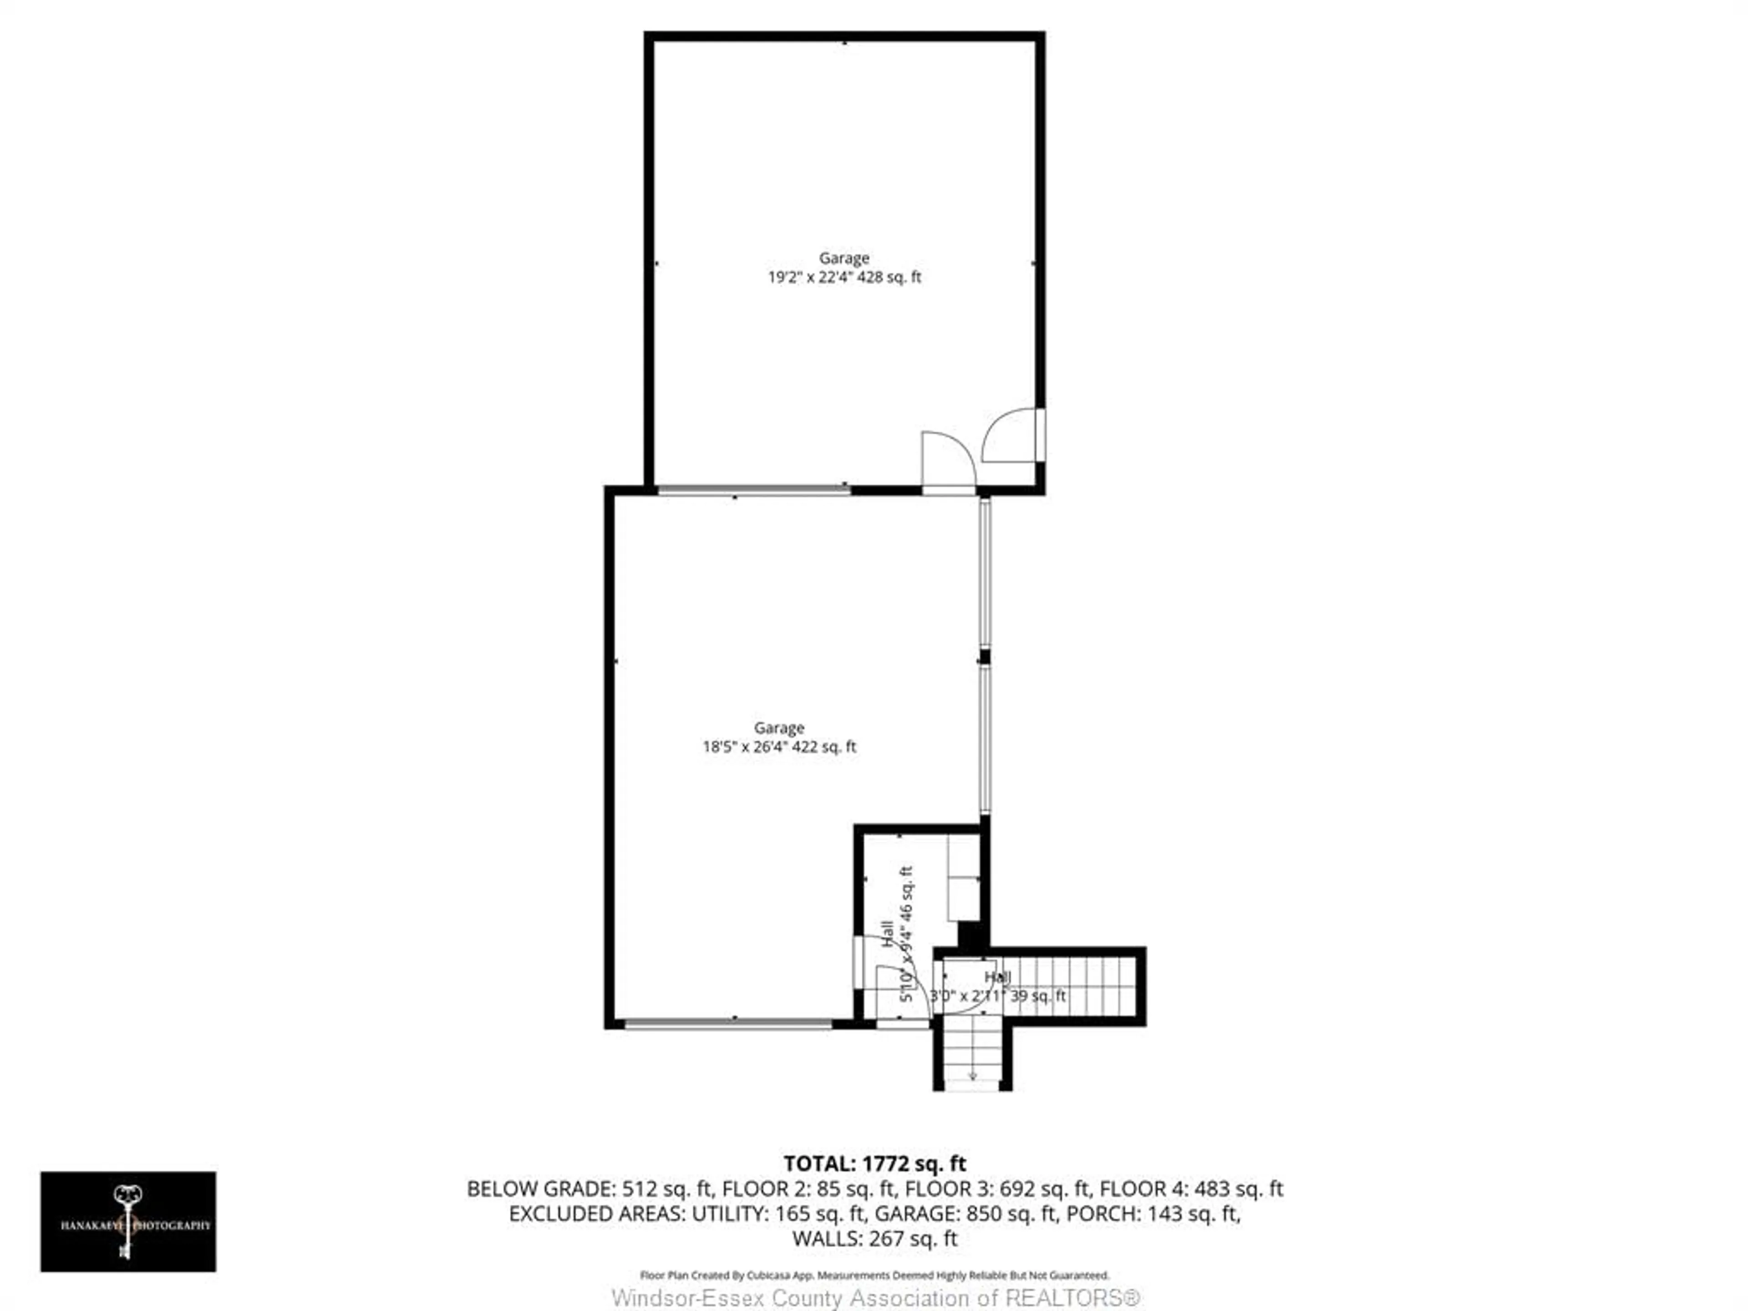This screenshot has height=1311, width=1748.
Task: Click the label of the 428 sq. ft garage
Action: point(844,259)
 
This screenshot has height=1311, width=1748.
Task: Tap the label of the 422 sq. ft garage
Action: point(779,728)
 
